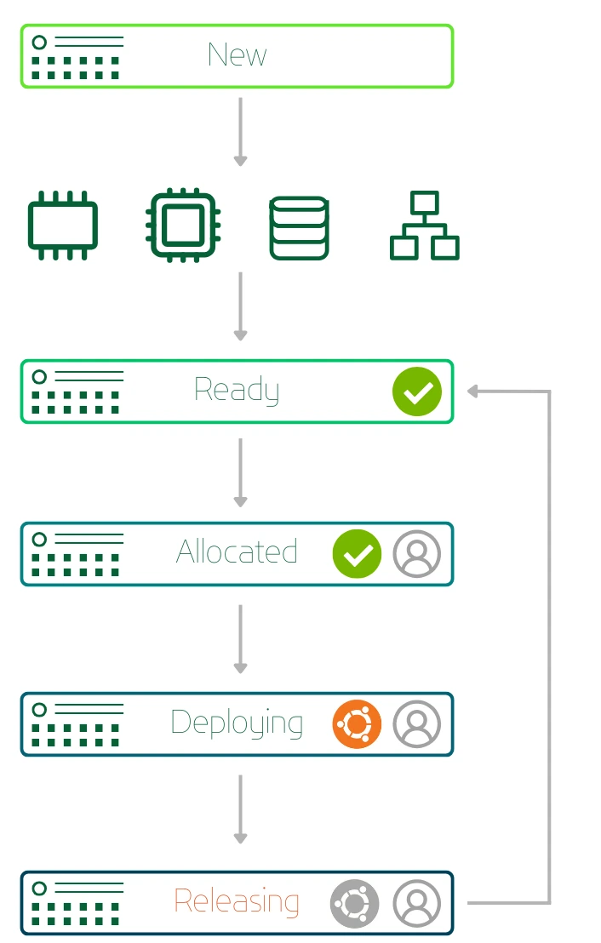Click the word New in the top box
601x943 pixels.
coord(237,55)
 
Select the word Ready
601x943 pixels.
coord(237,391)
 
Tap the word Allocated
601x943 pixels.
coord(237,552)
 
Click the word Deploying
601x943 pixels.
coord(237,723)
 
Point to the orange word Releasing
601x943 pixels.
coord(237,901)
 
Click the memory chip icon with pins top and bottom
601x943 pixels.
coord(63,226)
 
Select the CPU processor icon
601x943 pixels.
coord(181,225)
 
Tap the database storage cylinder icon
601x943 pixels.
coord(299,228)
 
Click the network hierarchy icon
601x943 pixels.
coord(424,226)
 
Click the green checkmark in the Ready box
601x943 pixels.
coord(417,391)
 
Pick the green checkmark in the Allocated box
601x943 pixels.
coord(357,554)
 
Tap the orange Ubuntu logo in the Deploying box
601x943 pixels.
coord(357,724)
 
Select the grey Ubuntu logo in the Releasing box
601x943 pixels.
coord(355,903)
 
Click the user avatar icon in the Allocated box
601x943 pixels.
coord(417,554)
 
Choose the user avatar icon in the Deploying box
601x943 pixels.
coord(417,724)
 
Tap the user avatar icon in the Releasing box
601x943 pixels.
coord(417,903)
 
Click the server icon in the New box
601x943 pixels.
coord(77,56)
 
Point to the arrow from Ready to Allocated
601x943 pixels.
coord(240,472)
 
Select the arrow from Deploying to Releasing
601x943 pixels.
coord(240,809)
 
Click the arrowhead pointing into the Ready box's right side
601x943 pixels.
coord(474,391)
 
